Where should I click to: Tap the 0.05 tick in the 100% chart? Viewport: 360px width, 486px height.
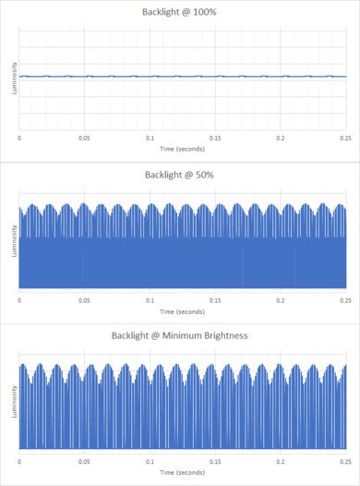coord(84,138)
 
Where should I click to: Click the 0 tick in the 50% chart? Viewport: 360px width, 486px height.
coord(20,299)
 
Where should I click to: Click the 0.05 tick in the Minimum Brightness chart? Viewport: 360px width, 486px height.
coord(84,459)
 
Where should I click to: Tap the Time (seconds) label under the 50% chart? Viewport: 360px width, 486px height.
coord(182,311)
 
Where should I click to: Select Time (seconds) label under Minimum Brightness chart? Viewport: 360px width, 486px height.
coord(182,471)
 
